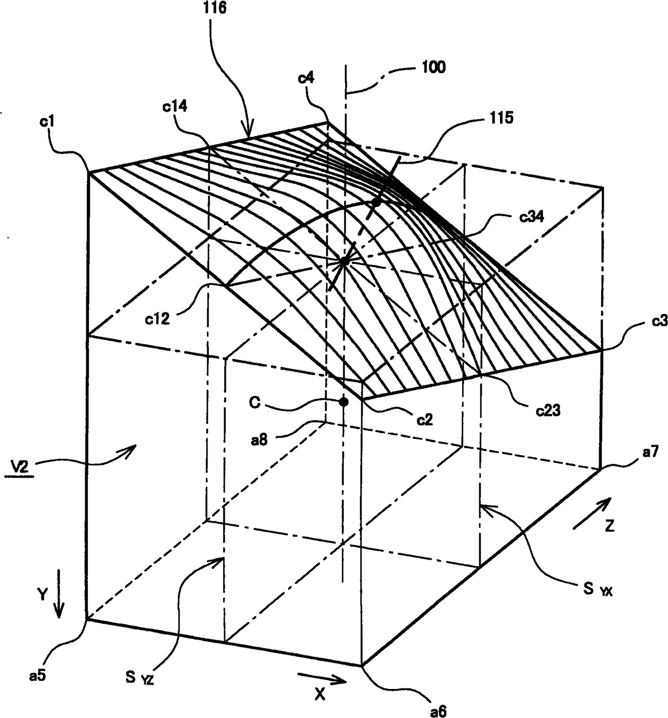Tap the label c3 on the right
click(658, 322)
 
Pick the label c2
click(425, 419)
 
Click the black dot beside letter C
click(343, 401)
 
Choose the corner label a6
click(437, 711)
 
